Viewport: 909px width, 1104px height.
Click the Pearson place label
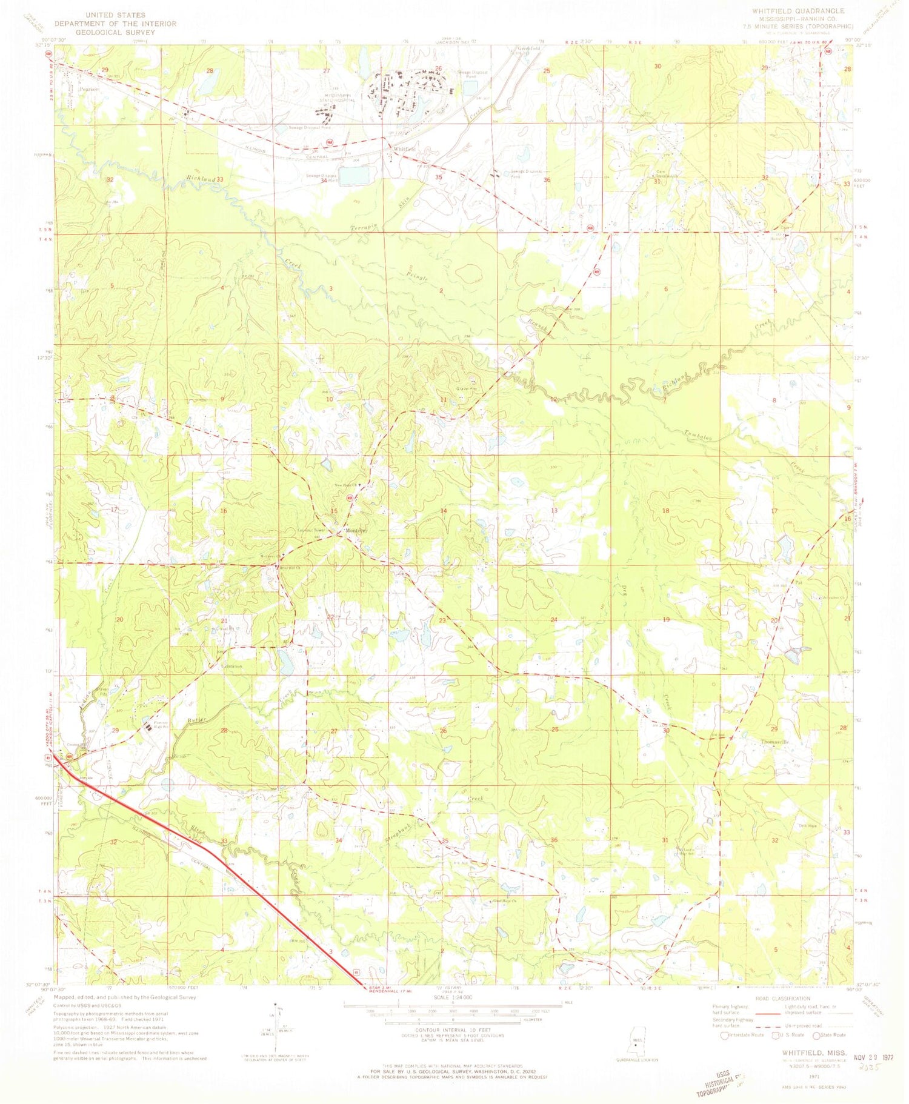coord(88,88)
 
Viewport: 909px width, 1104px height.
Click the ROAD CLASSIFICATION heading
coord(782,998)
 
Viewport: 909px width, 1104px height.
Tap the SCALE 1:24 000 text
coord(453,997)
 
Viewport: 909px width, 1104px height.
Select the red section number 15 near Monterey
coord(334,511)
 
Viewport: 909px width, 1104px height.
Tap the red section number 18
coord(666,511)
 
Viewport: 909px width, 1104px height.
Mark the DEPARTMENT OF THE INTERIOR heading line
coord(115,24)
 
